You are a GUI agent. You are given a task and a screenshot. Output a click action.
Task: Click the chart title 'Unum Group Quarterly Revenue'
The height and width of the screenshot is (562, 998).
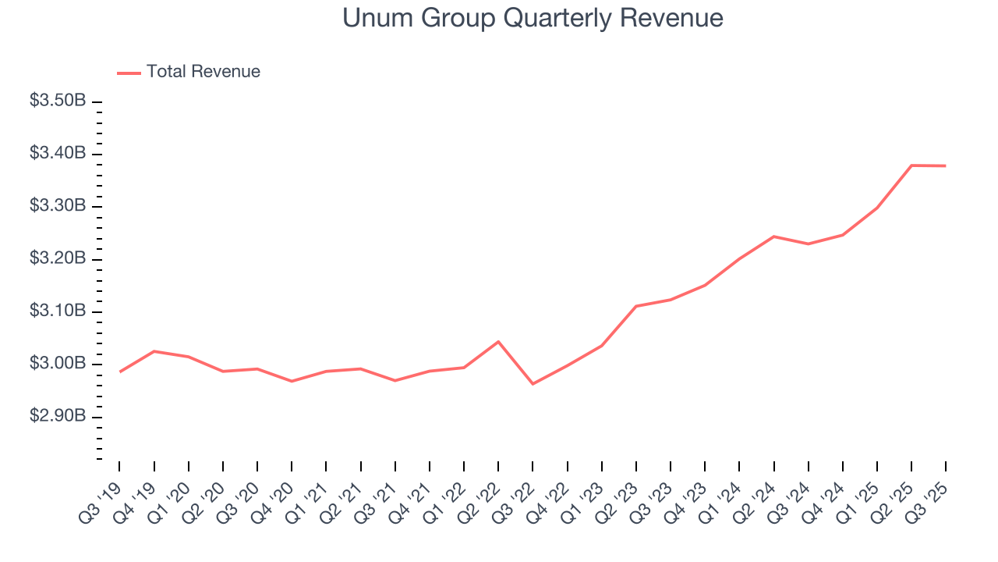533,18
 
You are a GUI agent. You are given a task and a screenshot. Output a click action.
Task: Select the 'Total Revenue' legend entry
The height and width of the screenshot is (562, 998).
203,72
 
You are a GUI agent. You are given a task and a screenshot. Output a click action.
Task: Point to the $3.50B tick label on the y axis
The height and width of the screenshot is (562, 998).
58,101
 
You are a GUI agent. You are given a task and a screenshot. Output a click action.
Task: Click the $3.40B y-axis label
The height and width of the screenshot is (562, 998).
58,154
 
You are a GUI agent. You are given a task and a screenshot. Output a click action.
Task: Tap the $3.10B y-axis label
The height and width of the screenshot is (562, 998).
58,311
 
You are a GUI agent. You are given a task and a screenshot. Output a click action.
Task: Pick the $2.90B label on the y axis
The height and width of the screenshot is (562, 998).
58,417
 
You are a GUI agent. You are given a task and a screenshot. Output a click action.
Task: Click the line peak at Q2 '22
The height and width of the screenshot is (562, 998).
498,341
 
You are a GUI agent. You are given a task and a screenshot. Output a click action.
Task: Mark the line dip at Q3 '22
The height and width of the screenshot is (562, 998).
533,384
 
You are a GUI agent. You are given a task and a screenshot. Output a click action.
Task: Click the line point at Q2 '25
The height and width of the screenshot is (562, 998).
911,165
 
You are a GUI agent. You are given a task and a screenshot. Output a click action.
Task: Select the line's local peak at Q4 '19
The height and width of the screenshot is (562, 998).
154,351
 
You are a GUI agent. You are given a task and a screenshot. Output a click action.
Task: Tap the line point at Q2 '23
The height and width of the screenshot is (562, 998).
636,306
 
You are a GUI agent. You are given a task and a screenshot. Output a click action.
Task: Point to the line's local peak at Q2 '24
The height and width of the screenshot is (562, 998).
773,236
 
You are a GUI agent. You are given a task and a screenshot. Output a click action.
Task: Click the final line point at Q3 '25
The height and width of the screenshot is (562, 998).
946,165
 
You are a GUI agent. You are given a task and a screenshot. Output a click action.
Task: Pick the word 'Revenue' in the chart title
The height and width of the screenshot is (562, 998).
671,18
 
